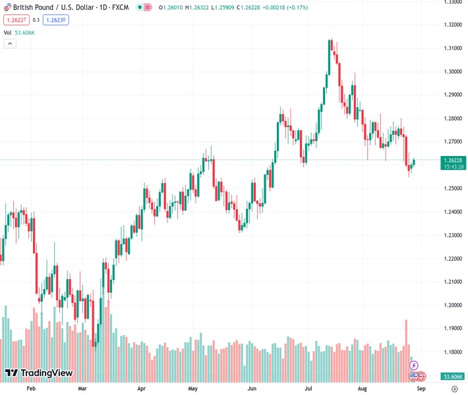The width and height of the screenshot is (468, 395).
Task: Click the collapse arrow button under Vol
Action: point(9,43)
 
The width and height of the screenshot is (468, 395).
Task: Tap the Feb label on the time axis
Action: point(30,389)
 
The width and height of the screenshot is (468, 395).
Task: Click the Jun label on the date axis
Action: point(252,389)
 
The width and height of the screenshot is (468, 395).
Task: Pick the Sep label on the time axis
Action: point(421,389)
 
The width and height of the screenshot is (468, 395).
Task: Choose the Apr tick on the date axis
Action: point(142,389)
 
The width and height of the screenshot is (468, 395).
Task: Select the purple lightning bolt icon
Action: point(414,365)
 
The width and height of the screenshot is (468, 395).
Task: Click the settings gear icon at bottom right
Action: point(454,389)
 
